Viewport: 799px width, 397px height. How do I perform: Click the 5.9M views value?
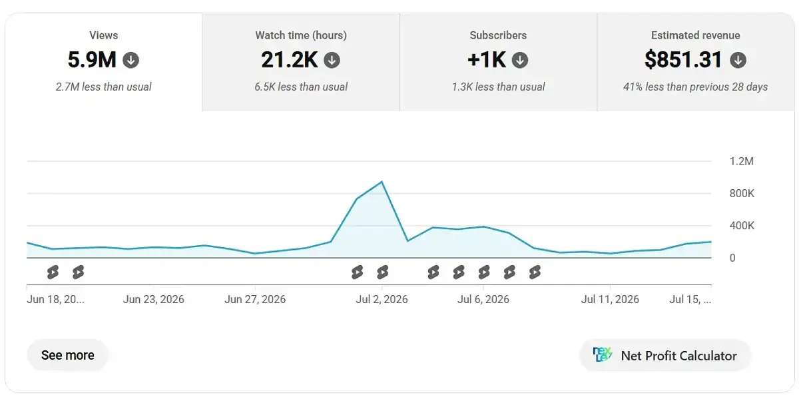[x=92, y=59]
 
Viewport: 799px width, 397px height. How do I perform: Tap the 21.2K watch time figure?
[x=289, y=59]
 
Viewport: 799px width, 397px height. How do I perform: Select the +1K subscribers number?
[x=487, y=59]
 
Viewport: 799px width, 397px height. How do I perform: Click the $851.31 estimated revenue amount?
[x=683, y=59]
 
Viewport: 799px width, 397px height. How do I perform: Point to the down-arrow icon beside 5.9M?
[x=131, y=60]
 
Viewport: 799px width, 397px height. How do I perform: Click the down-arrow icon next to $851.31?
[x=738, y=60]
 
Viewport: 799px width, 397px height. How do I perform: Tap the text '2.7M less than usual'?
[x=103, y=87]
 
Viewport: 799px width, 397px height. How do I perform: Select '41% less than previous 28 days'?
[x=695, y=87]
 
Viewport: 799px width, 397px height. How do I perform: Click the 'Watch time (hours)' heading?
[x=301, y=35]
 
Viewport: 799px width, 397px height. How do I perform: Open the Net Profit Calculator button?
[x=665, y=355]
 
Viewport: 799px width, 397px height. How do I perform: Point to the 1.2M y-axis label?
[x=741, y=161]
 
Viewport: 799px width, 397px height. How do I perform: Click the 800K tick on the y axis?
[x=742, y=193]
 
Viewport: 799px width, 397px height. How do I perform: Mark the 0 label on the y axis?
[x=732, y=258]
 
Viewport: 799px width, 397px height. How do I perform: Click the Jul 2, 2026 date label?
[x=382, y=299]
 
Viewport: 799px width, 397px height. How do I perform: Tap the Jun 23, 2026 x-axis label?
[x=153, y=299]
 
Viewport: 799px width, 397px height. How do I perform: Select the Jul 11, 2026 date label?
[x=610, y=299]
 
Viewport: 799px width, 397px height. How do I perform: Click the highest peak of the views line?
[x=382, y=182]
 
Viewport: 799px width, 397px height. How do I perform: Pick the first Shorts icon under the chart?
[x=53, y=272]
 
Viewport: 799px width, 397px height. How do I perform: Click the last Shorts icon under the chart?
[x=535, y=272]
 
